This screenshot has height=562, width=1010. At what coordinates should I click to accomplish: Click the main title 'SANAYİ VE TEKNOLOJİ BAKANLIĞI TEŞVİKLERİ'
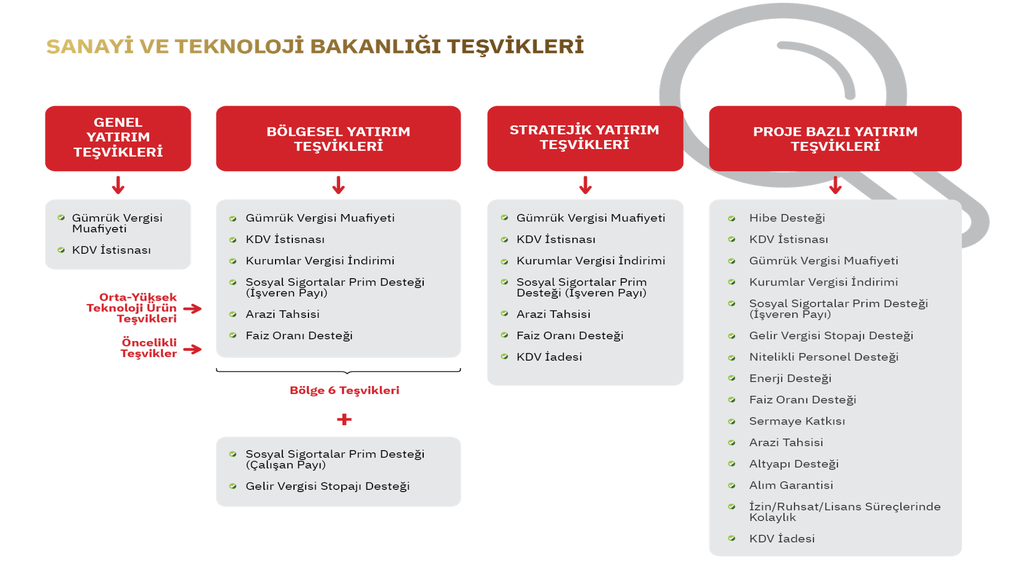click(x=315, y=47)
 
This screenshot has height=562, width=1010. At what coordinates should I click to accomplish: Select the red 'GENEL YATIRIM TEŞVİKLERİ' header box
click(x=118, y=138)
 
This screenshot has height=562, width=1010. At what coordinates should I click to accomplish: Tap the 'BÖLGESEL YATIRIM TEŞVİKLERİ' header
click(x=338, y=138)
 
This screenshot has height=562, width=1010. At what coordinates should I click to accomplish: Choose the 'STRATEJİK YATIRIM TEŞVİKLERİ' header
click(x=585, y=138)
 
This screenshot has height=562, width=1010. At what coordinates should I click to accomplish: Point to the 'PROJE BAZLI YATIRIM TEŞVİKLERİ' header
click(x=835, y=138)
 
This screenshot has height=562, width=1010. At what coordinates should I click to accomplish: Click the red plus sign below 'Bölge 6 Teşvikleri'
click(x=344, y=419)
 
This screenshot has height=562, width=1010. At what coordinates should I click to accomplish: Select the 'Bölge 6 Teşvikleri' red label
click(x=344, y=391)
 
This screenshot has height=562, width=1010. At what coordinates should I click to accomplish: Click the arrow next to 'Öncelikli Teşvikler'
click(x=193, y=349)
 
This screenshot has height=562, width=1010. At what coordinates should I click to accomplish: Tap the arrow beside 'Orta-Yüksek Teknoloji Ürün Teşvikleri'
click(x=193, y=309)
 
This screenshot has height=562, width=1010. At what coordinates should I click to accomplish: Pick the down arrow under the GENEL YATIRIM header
click(x=118, y=185)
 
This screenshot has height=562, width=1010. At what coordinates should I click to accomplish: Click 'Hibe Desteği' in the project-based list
click(x=787, y=218)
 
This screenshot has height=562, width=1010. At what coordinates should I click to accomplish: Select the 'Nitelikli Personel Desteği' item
click(x=823, y=357)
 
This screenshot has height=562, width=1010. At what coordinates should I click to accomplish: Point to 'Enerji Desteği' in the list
click(x=790, y=379)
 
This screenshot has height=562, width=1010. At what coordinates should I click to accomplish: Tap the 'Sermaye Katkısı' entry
click(x=797, y=421)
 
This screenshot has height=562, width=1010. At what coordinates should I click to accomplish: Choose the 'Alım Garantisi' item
click(x=791, y=485)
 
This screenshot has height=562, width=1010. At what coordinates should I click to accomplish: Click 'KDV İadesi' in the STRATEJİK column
click(x=549, y=357)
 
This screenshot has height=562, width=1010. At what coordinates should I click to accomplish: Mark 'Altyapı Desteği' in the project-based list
click(x=793, y=464)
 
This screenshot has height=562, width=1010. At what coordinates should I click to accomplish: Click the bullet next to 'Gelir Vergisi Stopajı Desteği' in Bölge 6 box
click(x=233, y=486)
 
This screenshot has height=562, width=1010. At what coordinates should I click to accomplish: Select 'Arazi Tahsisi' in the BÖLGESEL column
click(x=282, y=314)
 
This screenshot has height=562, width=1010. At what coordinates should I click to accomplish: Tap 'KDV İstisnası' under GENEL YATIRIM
click(x=111, y=250)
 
